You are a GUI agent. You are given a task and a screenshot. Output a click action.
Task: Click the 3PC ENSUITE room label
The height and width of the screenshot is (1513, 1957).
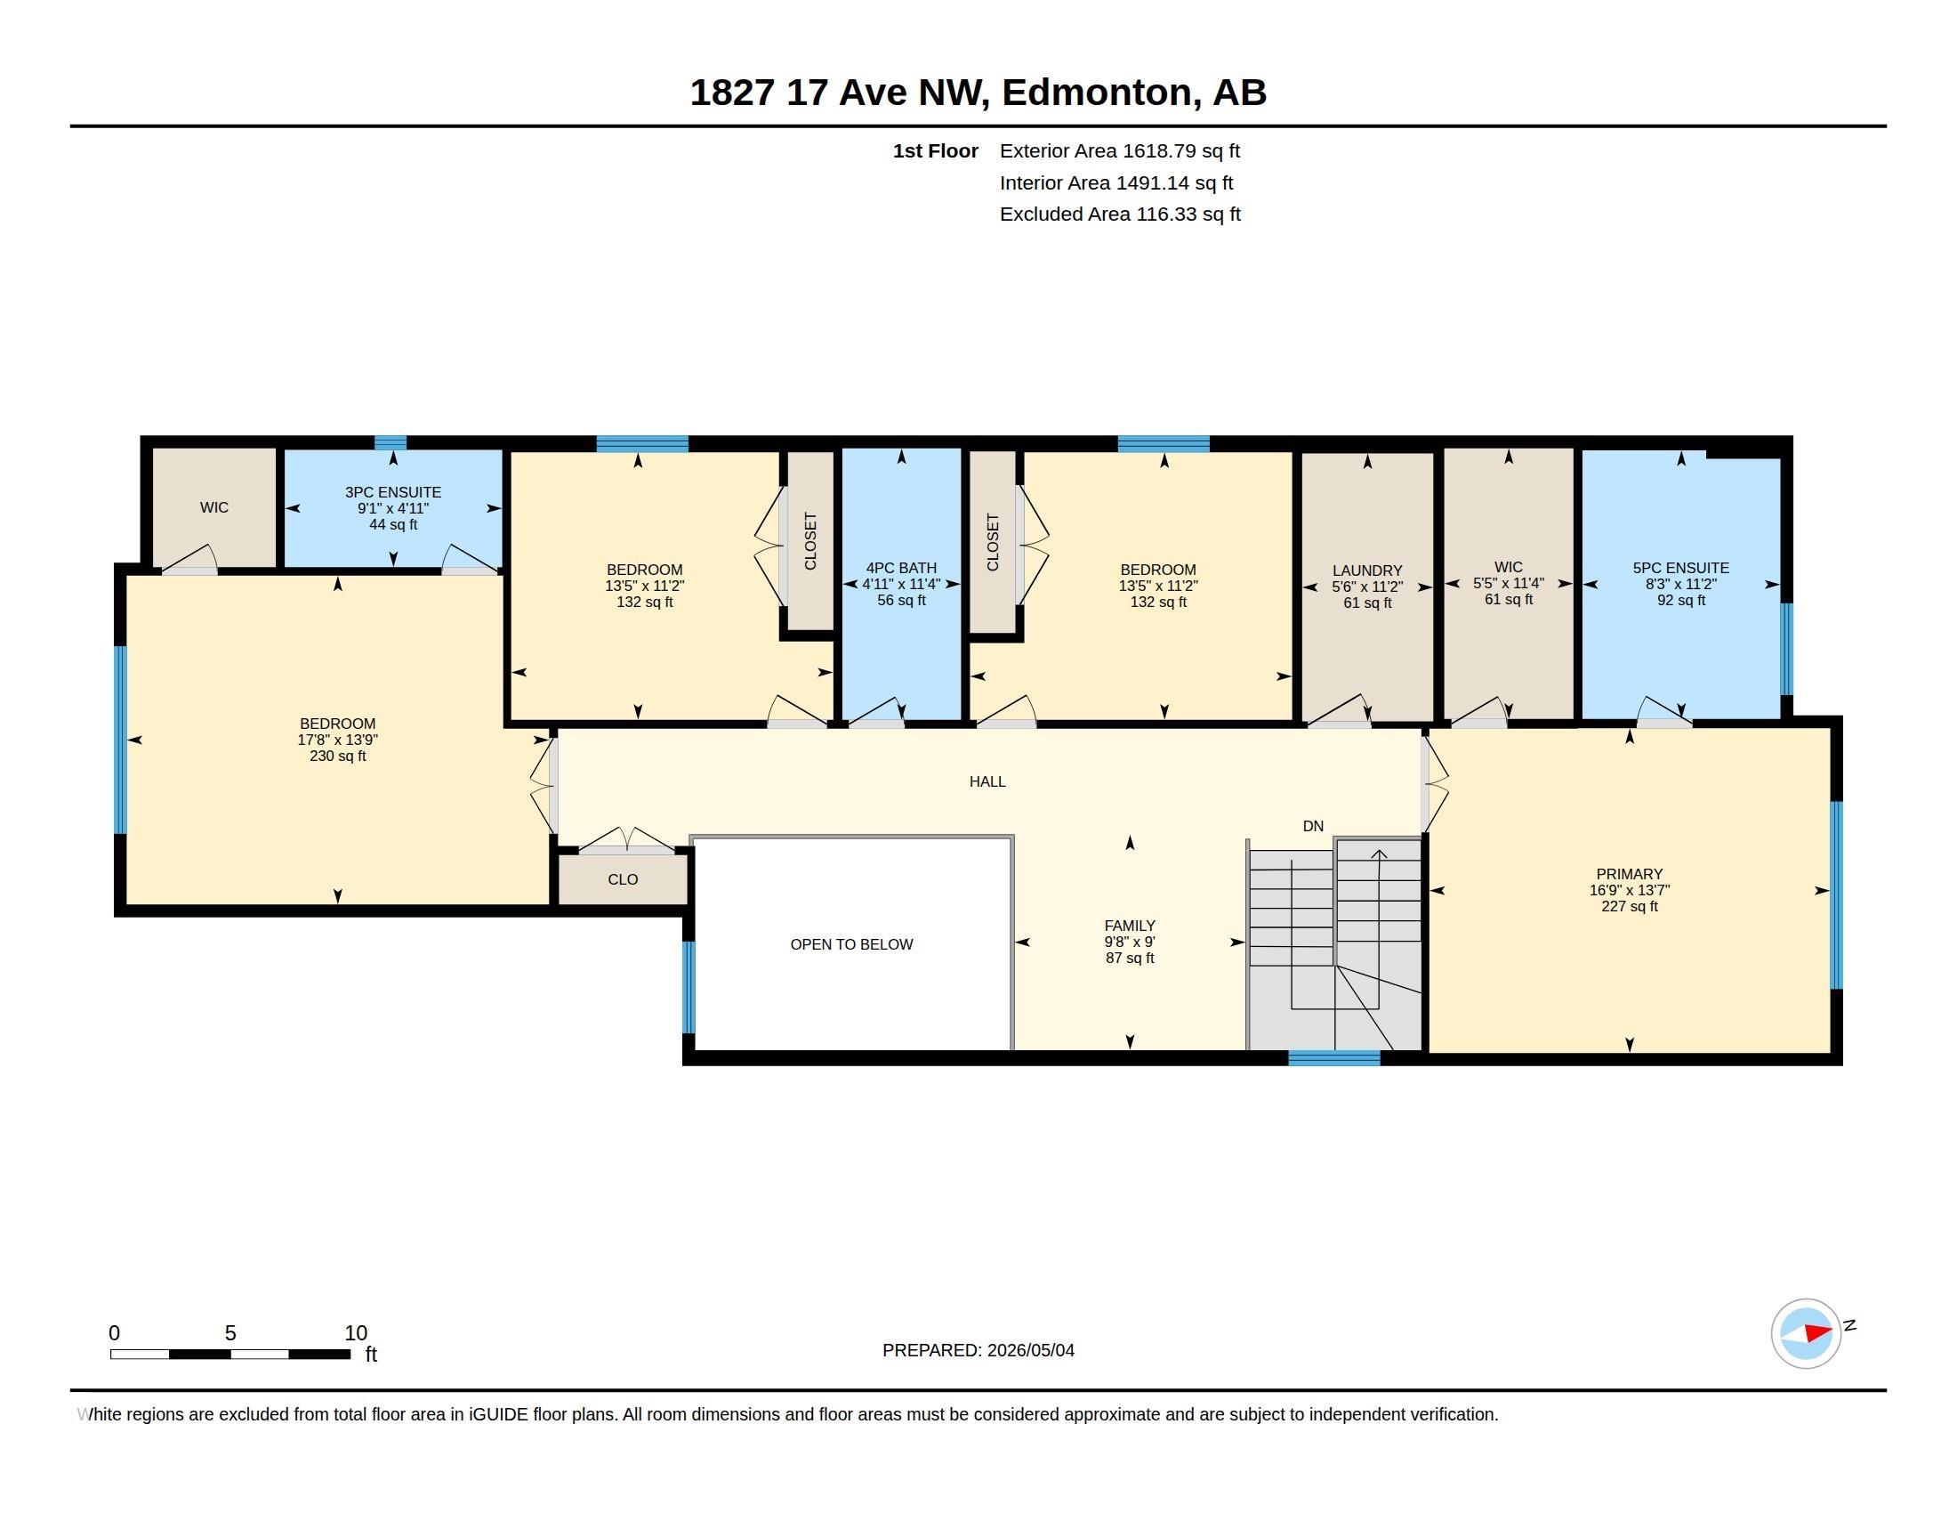pos(393,492)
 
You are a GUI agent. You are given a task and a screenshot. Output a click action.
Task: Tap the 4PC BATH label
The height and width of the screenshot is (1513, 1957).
pos(901,569)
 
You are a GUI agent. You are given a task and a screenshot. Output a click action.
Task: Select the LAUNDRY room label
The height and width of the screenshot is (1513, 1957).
pos(1367,571)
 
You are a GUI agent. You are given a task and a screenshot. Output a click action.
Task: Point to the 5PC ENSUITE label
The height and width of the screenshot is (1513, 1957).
pos(1681,569)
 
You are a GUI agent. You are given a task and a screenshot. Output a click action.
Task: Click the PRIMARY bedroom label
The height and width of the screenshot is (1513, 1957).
pos(1629,874)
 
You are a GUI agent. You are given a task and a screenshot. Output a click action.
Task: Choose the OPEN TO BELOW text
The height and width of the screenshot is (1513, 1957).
pos(851,943)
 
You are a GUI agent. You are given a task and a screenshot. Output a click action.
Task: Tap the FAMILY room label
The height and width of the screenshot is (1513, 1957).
pos(1130,926)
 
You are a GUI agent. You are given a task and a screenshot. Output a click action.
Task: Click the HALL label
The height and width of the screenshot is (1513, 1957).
pos(987,781)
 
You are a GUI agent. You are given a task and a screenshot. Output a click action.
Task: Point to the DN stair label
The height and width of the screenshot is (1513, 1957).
pos(1313,827)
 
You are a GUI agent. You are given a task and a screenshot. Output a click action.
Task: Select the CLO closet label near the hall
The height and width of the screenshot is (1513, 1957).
pos(623,879)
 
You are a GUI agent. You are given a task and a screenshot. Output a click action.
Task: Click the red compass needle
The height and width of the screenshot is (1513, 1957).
pos(1818,1333)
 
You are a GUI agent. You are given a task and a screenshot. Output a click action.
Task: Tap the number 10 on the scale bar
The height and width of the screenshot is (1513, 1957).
pos(356,1333)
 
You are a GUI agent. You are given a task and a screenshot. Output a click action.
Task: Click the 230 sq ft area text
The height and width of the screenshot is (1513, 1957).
pos(338,756)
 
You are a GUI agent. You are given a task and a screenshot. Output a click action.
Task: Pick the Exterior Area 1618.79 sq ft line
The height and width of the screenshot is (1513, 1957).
pos(1120,150)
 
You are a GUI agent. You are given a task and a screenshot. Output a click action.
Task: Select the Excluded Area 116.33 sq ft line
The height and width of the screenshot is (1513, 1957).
pos(1120,214)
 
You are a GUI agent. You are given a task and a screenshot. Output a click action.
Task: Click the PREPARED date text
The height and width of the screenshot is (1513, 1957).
pos(978,1350)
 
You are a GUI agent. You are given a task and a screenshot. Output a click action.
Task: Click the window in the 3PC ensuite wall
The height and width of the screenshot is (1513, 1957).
pos(390,442)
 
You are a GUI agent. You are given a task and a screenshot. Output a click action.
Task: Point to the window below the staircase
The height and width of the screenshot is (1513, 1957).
pos(1334,1058)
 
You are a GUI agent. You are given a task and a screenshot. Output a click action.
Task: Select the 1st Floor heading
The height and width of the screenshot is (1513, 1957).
pos(936,150)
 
